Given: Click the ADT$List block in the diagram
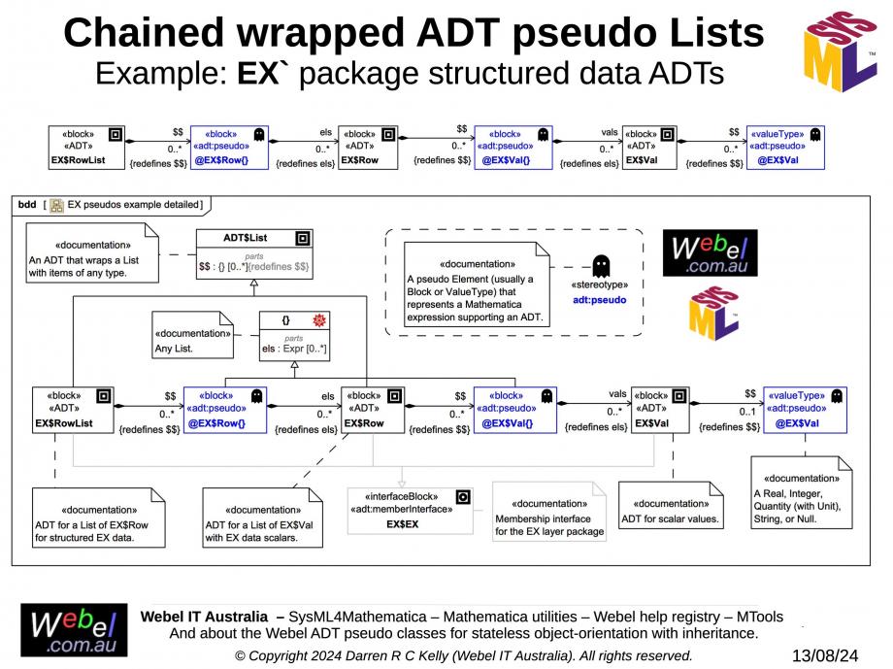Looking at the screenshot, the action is coord(254,254).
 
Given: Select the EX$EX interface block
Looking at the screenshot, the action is coord(410,511).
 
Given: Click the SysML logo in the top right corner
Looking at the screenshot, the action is coord(840,51).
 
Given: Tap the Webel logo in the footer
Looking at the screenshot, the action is coord(74,630).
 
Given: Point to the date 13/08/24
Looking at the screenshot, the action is coord(825,655).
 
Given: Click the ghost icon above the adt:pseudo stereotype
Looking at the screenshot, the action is coord(601,265).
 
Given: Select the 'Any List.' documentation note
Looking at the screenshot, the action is coord(192,334).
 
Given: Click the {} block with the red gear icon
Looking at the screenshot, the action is coord(294,336).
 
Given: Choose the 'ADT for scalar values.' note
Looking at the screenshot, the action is coord(671,506).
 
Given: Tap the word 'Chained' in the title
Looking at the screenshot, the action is coord(145,32).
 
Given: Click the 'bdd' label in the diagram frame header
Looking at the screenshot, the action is coord(27,205).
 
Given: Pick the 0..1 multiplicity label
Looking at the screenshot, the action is coord(747,412).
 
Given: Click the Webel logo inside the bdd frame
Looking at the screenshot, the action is coord(710,253).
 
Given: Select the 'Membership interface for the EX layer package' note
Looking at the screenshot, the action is coord(549,512).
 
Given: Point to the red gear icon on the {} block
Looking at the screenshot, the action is coord(319,320).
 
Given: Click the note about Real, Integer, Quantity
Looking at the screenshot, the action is coord(802,493).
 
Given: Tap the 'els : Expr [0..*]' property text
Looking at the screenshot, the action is coord(294,349).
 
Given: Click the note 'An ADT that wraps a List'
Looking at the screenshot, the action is coord(92,252).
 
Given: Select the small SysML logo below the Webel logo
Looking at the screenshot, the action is coord(713,314).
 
